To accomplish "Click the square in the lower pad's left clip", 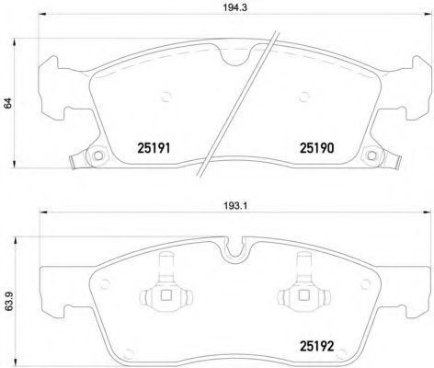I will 166,296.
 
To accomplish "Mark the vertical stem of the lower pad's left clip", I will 166,269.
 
